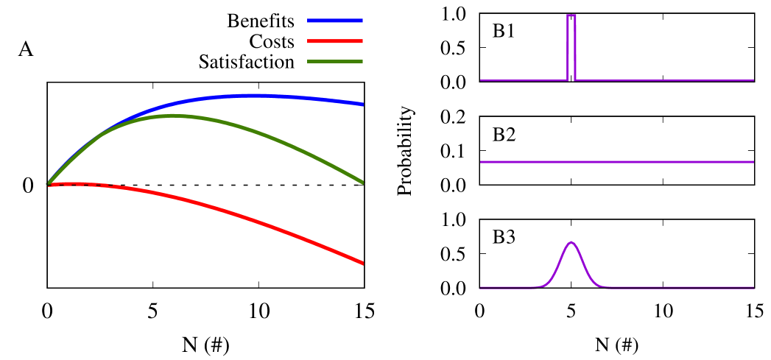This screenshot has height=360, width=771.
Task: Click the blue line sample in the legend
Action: tap(335, 21)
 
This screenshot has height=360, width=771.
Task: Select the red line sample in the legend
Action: tap(335, 41)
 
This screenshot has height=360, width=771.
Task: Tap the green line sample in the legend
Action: tap(335, 62)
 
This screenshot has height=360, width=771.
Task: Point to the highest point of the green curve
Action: tap(174, 116)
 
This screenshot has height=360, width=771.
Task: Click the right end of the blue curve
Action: tap(362, 105)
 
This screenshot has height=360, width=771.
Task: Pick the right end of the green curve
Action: tap(362, 182)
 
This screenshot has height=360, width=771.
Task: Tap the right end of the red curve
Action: tap(362, 263)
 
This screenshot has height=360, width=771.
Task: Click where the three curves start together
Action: tap(49, 183)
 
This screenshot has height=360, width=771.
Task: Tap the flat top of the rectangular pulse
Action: tap(571, 15)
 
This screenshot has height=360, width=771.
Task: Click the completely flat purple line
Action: tap(616, 162)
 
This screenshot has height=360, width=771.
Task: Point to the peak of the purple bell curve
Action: tap(571, 242)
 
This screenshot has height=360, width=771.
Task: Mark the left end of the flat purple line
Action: tap(481, 162)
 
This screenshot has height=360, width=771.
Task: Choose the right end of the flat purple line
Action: tap(753, 162)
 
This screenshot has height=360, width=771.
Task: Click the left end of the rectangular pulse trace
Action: tap(481, 80)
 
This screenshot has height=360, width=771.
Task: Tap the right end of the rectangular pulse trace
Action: tap(753, 80)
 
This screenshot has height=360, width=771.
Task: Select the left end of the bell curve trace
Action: tap(481, 288)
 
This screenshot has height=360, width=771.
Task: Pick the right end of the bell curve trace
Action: tap(753, 288)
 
